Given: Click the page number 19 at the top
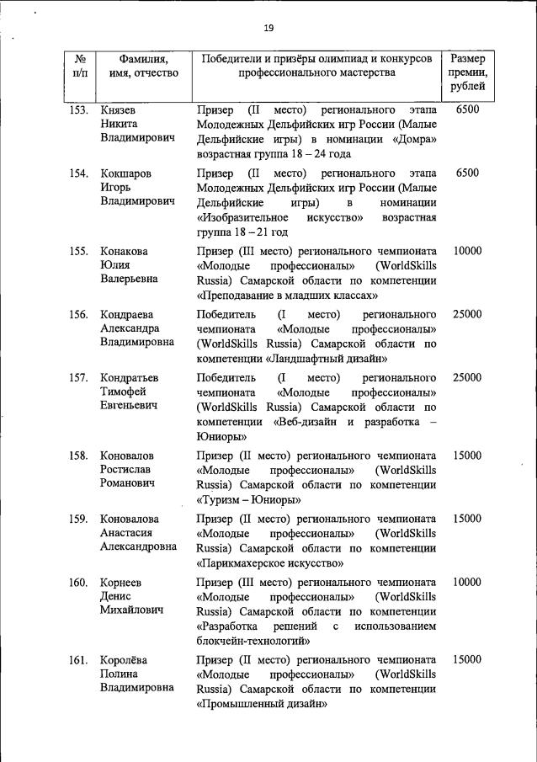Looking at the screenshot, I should click(268, 29).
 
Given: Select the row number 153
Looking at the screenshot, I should click(78, 109).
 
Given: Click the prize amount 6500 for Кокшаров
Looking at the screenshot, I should click(466, 173).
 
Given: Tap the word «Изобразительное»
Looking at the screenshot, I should click(244, 217).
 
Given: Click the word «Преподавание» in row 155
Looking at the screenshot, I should click(240, 296).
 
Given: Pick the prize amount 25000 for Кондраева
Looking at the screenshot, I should click(466, 314).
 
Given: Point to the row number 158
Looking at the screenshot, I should click(78, 456).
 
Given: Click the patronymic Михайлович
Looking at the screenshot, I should click(136, 610).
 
